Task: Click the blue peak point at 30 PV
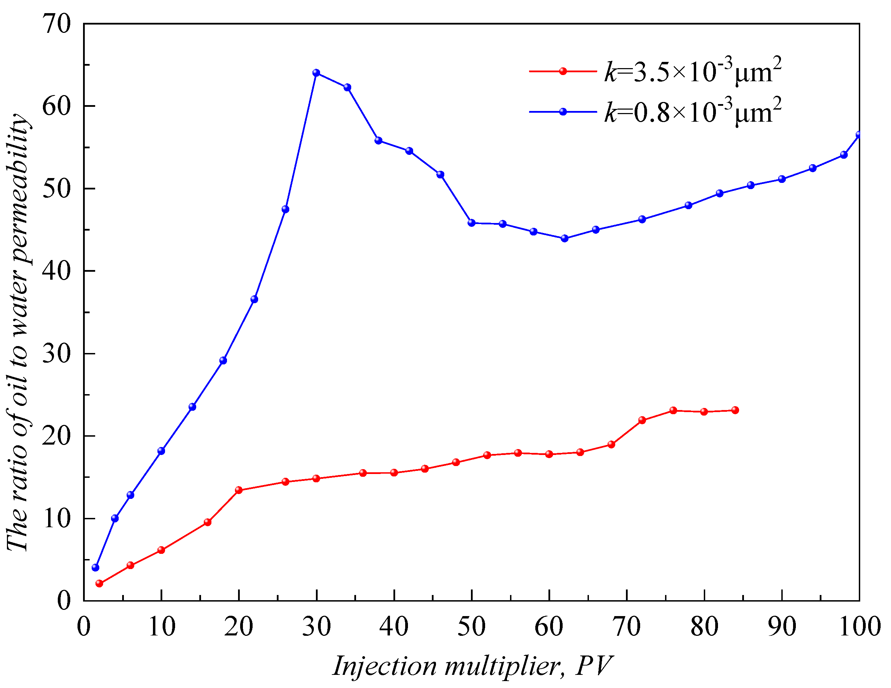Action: (316, 73)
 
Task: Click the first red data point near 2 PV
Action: (99, 584)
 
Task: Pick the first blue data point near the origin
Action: (96, 567)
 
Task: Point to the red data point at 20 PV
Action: (239, 490)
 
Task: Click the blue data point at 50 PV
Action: (472, 223)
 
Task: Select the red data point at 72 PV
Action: (642, 420)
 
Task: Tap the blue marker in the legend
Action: (563, 112)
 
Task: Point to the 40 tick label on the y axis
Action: (56, 271)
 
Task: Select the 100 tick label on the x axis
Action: (859, 627)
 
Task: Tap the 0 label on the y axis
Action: (64, 601)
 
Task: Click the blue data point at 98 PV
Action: (844, 155)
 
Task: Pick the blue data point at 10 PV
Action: (161, 451)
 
